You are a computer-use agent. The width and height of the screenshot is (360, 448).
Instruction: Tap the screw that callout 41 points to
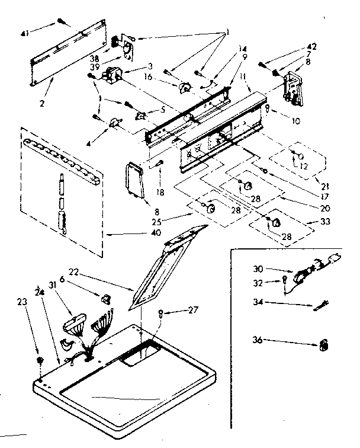62,22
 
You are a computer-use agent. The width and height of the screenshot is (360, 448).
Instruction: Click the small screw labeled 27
161,314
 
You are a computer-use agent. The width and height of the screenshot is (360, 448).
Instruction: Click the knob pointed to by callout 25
209,207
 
